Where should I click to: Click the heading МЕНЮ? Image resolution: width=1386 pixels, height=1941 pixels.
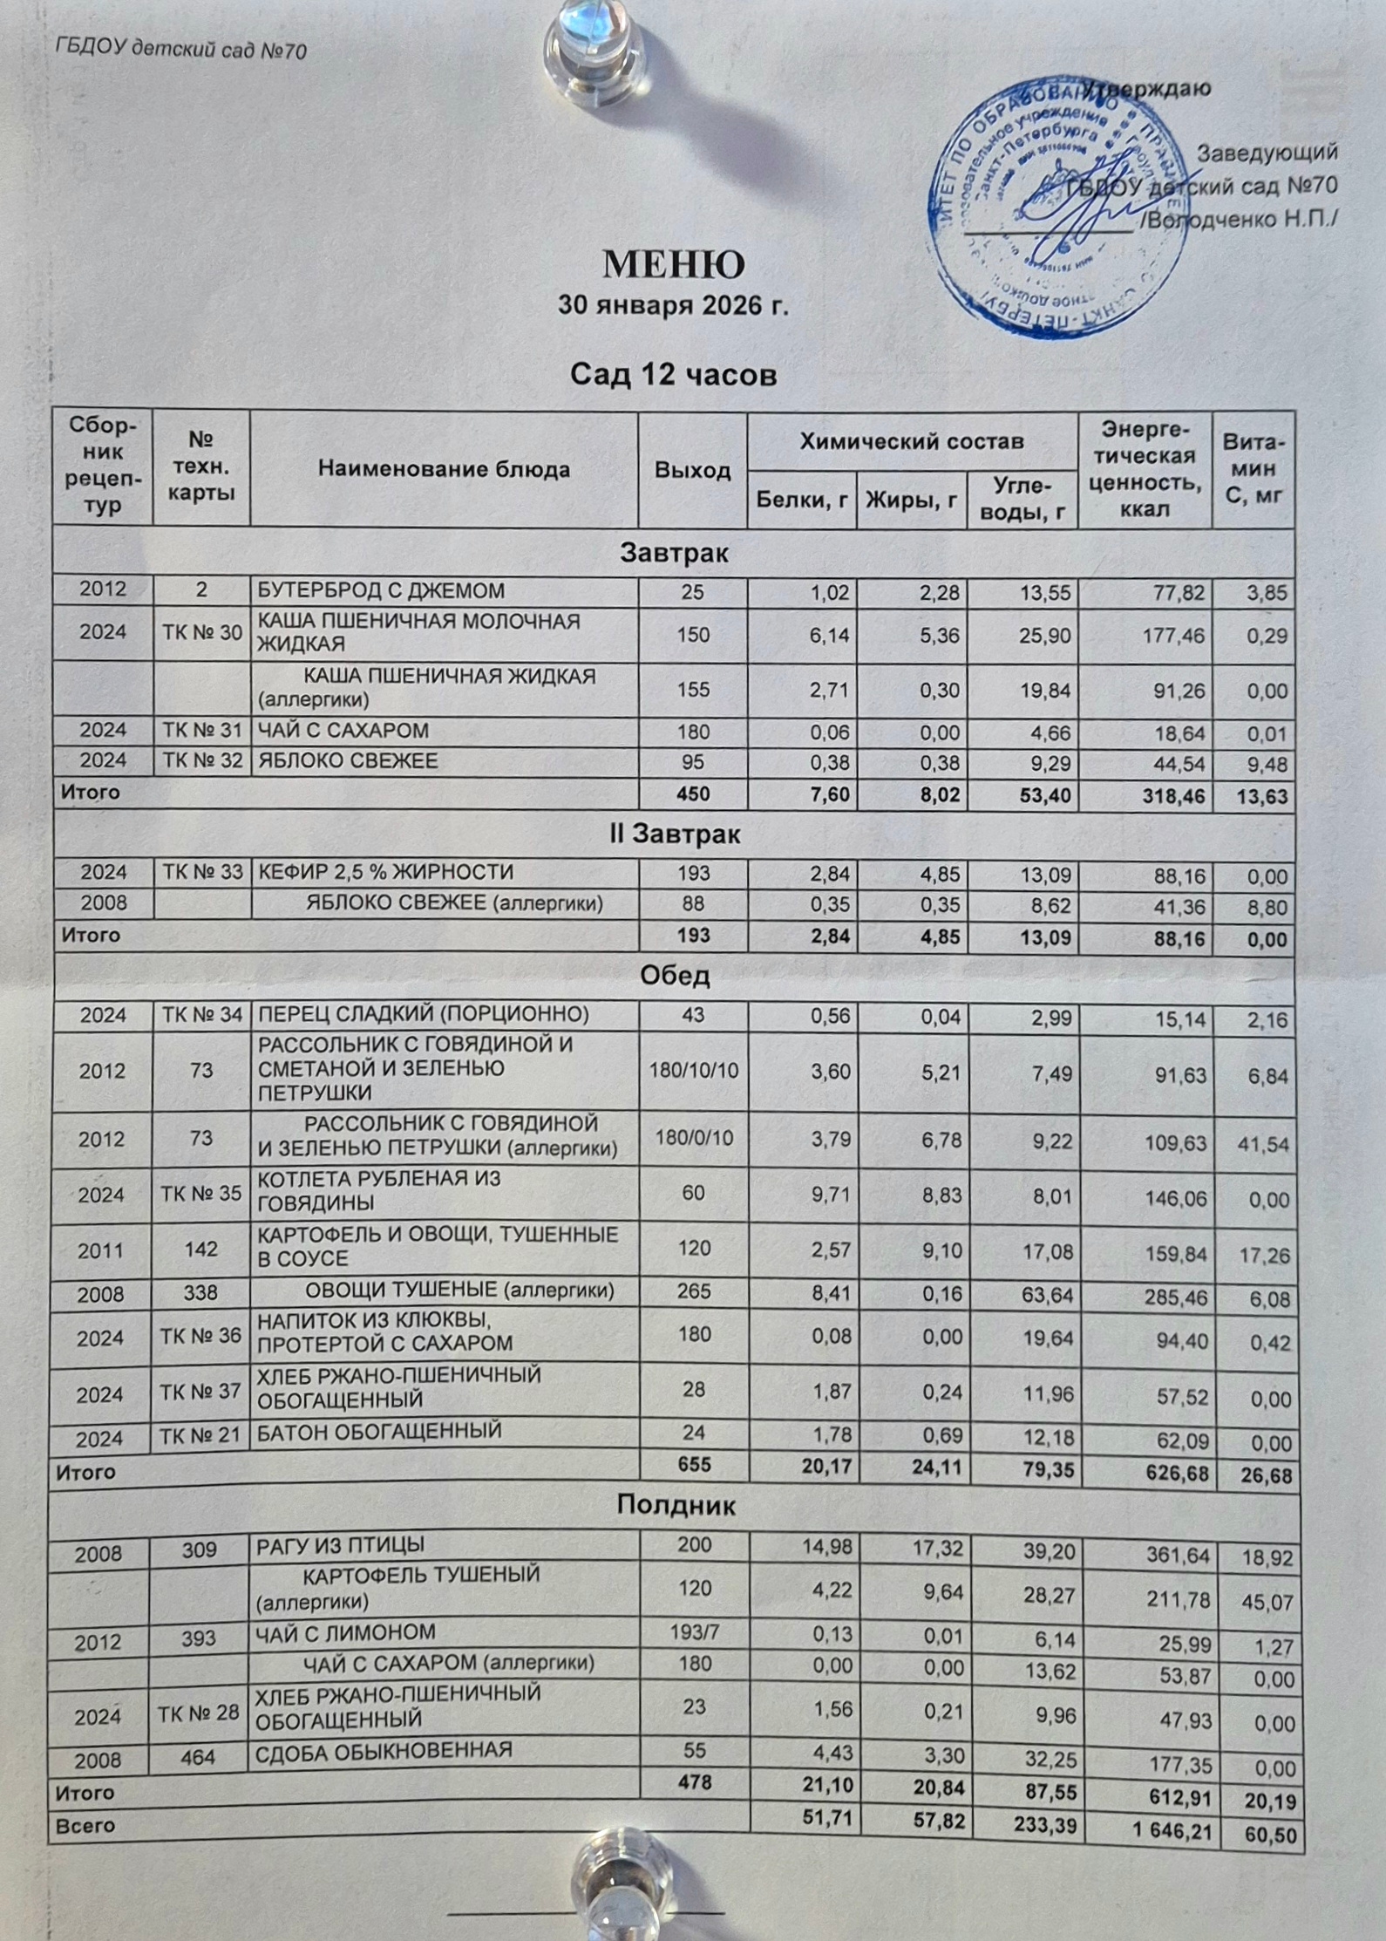pyautogui.click(x=673, y=263)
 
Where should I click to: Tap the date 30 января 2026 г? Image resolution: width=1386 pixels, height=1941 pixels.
pyautogui.click(x=673, y=306)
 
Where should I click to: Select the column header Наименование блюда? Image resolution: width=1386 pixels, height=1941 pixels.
pyautogui.click(x=444, y=469)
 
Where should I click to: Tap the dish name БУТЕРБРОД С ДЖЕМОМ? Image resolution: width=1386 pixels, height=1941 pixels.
pyautogui.click(x=381, y=591)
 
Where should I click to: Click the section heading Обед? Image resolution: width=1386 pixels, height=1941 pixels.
pyautogui.click(x=674, y=976)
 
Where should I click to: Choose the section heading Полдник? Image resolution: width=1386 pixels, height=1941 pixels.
pyautogui.click(x=676, y=1506)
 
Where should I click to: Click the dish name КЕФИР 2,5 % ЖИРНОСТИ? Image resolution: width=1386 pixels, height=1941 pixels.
pyautogui.click(x=385, y=872)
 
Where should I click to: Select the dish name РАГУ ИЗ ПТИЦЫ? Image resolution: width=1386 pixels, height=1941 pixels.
pyautogui.click(x=341, y=1546)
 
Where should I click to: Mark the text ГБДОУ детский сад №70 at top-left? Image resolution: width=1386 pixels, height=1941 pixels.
pyautogui.click(x=180, y=50)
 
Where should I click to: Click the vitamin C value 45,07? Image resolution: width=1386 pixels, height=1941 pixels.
pyautogui.click(x=1267, y=1602)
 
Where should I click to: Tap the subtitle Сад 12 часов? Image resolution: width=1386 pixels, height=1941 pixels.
pyautogui.click(x=673, y=376)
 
